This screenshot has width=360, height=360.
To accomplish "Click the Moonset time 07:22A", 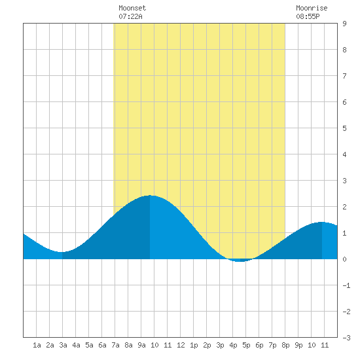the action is tap(130, 16).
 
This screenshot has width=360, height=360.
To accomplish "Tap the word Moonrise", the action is tap(312, 8).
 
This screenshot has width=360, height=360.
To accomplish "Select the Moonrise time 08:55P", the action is tap(308, 16).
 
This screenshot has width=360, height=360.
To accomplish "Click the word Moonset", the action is tap(132, 8).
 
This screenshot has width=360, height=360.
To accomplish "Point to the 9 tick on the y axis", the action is tap(344, 24).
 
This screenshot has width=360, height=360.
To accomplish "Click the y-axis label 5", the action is tap(344, 128).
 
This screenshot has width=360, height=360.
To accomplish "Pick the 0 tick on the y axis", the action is tap(344, 259).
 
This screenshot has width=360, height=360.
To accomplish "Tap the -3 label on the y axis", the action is tap(346, 338).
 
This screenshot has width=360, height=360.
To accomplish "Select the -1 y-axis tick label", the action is tap(346, 285).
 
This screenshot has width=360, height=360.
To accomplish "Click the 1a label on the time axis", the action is tap(37, 345).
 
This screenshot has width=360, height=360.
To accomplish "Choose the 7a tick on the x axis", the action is tap(115, 345).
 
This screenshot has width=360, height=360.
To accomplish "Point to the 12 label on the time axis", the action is tap(181, 345).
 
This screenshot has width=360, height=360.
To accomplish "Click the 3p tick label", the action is tap(220, 345).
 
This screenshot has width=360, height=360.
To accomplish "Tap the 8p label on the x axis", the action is tap(285, 345).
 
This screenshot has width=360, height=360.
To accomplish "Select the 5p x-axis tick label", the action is tap(246, 345).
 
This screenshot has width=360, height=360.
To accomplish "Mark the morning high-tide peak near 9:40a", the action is tap(150, 196).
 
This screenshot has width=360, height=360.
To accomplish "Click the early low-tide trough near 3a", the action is tap(62, 252).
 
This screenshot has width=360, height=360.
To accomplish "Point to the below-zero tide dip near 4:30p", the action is tap(240, 261).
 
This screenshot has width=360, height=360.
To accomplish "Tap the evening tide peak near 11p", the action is tap(322, 222).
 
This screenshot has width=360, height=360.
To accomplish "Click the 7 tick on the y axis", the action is tap(344, 76).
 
